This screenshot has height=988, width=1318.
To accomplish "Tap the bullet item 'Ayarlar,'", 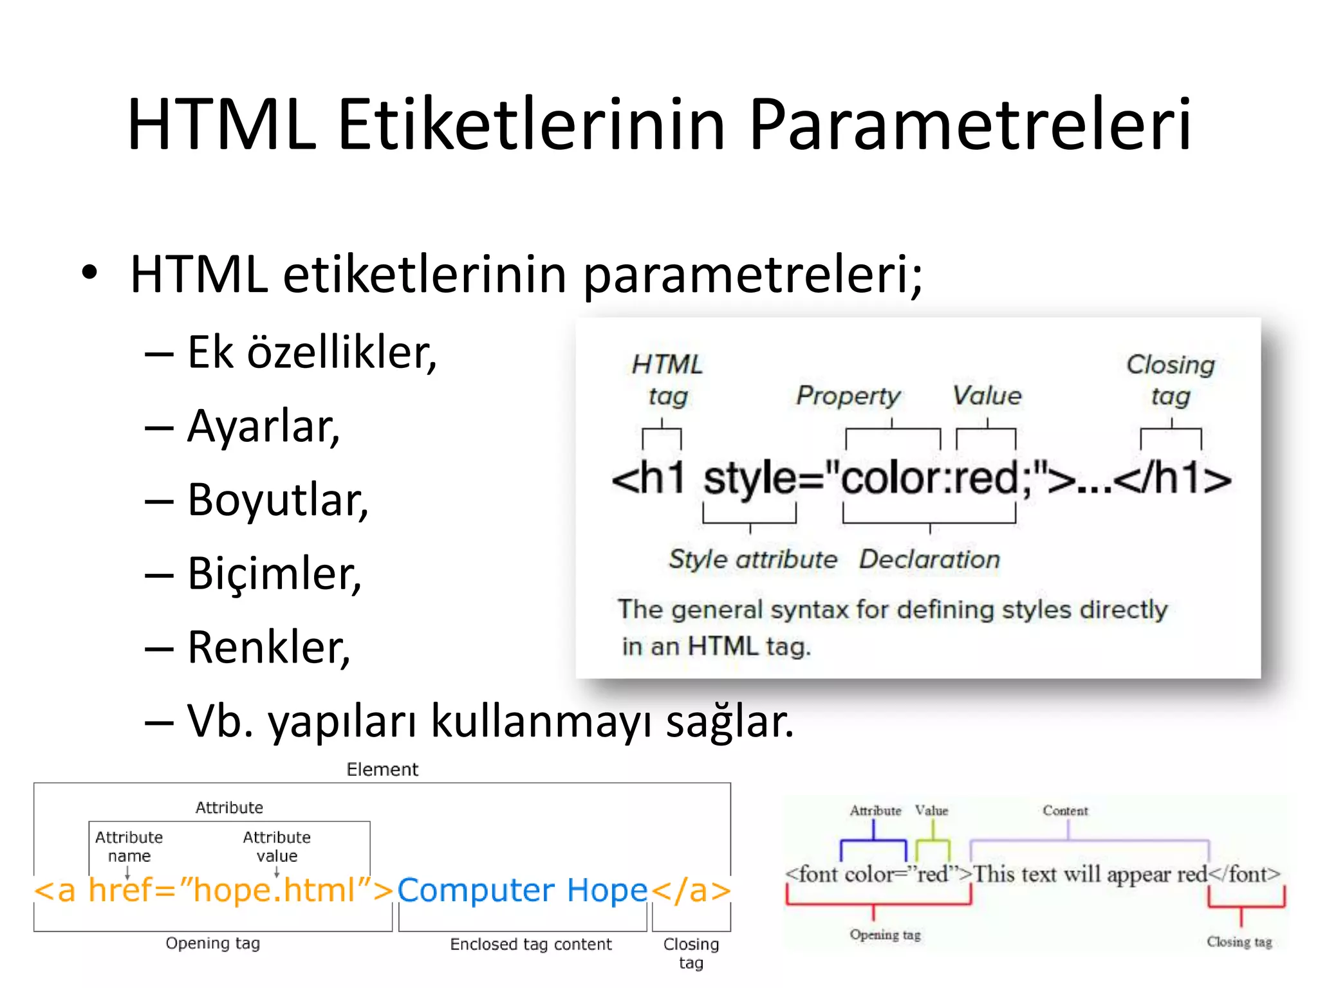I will pos(263,426).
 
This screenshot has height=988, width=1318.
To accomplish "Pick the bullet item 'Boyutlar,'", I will pos(278,500).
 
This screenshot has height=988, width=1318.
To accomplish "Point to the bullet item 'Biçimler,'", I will pos(274,573).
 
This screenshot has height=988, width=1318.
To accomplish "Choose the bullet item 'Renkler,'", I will pos(269,647).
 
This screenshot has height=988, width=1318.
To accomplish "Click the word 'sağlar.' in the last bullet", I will pos(730,721).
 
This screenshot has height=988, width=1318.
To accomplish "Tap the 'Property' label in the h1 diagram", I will pos(848,396).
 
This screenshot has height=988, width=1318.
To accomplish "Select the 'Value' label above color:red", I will pos(987,396).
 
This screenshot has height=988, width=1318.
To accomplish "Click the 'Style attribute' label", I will pos(753,559).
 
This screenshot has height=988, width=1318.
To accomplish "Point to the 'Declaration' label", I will pos(929,559).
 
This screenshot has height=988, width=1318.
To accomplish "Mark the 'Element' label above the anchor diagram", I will pos(382,769).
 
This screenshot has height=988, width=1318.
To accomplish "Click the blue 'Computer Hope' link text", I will pos(522,891).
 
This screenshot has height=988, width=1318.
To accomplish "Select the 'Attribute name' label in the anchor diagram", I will pos(129,846).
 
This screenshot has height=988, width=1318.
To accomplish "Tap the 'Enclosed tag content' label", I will pos(531,944).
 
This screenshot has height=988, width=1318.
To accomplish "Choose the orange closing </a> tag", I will pos(691,891).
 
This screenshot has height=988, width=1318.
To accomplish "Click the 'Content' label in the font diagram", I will pos(1065,810).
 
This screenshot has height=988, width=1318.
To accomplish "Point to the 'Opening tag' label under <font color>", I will pos(885,935).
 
